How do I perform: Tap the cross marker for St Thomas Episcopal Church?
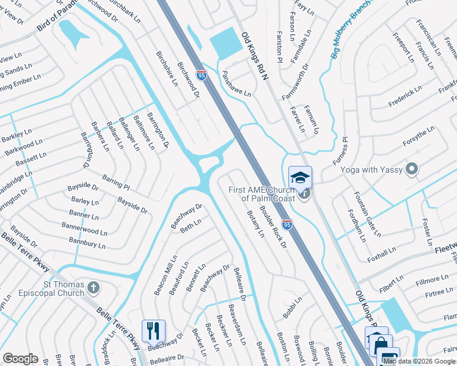coord(93,287)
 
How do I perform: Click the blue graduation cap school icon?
coord(300,178)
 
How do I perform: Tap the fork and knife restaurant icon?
coord(153,331)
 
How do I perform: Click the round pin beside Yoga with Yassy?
coord(412,169)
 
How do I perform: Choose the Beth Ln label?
coord(190,227)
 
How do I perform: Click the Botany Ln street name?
coord(255,224)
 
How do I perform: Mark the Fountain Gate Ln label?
coord(367,213)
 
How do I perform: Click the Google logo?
coord(20,358)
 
